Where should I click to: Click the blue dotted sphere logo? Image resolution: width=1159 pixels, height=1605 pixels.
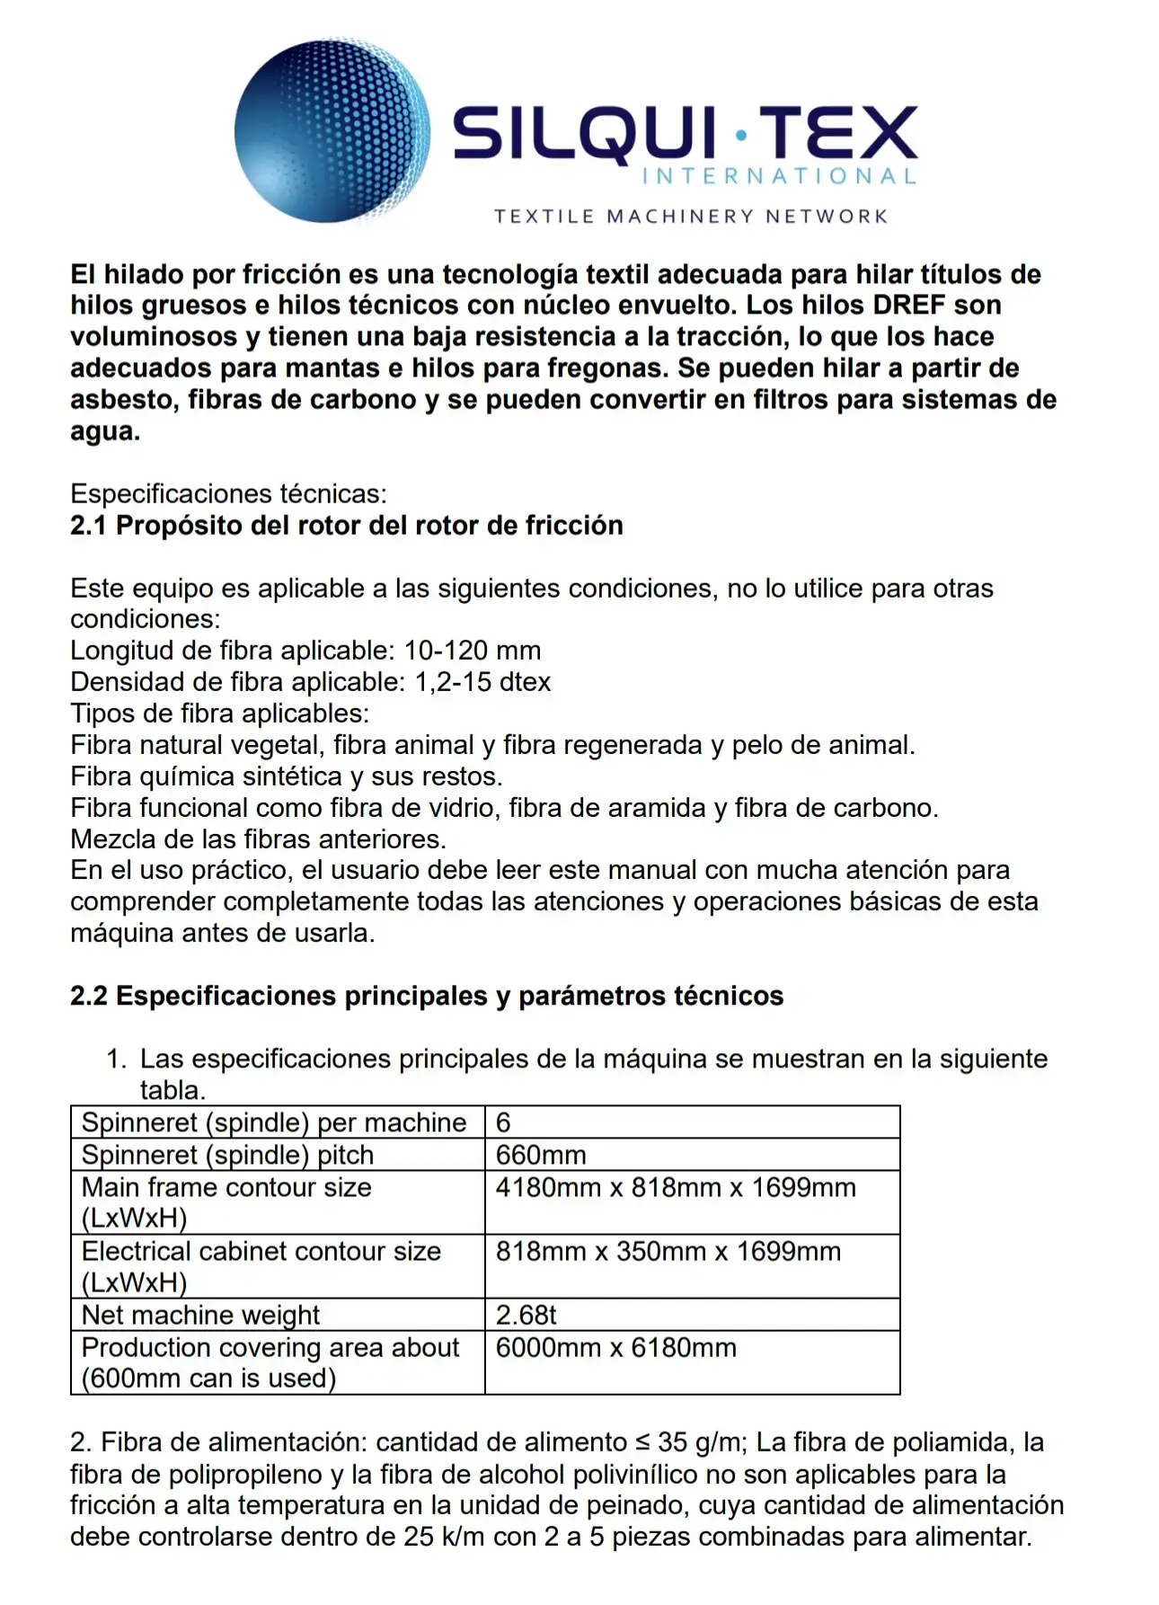[332, 130]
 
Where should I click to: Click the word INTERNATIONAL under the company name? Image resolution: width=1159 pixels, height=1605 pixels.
[779, 176]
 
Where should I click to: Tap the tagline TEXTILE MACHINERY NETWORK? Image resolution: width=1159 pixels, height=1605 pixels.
[691, 217]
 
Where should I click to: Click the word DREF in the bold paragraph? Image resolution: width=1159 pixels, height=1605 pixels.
[908, 305]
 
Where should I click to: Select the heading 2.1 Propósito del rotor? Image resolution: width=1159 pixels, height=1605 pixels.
[347, 525]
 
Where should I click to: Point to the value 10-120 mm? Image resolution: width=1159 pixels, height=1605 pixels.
[473, 650]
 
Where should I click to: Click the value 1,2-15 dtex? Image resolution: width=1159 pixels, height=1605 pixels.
[482, 681]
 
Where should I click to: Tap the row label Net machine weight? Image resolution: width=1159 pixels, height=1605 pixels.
[200, 1315]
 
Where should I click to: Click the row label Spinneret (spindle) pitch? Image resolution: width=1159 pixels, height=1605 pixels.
[227, 1155]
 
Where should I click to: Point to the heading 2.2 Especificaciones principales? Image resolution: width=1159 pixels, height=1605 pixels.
[427, 996]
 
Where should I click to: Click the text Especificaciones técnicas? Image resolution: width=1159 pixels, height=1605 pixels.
[228, 493]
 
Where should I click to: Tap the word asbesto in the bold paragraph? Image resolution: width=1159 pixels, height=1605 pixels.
[121, 399]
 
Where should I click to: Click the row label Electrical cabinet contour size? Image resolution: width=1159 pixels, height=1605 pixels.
[261, 1251]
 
